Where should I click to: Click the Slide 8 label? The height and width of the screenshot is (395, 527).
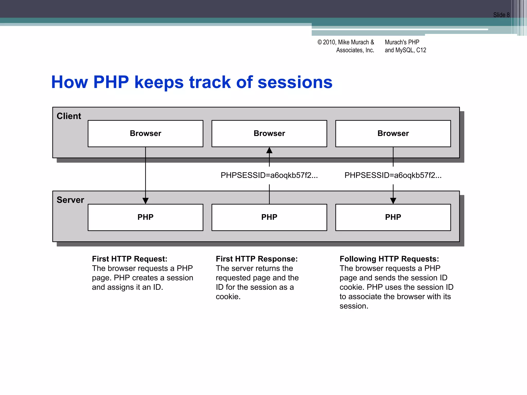(501, 15)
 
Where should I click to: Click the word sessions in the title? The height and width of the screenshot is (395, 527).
(295, 82)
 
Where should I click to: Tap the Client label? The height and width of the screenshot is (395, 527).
(69, 116)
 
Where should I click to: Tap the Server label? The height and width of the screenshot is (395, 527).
(70, 200)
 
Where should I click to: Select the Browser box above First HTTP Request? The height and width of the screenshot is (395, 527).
(145, 133)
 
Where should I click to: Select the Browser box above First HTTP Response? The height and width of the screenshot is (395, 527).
(269, 133)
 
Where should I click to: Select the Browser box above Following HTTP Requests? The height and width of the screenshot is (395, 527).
(393, 133)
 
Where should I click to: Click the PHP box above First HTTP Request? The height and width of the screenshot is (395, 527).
(145, 217)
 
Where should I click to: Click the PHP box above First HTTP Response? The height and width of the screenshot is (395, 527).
(269, 217)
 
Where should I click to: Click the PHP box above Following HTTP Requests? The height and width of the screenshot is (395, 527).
(393, 217)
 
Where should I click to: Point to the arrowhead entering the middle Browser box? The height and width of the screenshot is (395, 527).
(269, 150)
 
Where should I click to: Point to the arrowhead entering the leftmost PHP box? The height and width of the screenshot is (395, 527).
(145, 201)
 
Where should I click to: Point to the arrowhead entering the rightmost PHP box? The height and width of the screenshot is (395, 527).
(393, 201)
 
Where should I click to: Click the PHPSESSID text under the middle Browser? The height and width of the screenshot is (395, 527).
(269, 175)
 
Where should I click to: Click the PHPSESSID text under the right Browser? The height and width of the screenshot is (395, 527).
(393, 175)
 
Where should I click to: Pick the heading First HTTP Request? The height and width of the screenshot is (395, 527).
(130, 259)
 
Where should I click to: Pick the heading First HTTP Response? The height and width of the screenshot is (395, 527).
(257, 259)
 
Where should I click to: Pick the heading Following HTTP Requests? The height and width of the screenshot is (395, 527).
(389, 259)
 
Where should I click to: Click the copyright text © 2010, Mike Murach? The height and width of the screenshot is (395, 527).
(346, 42)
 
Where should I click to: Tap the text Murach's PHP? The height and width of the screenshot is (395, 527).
(402, 42)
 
